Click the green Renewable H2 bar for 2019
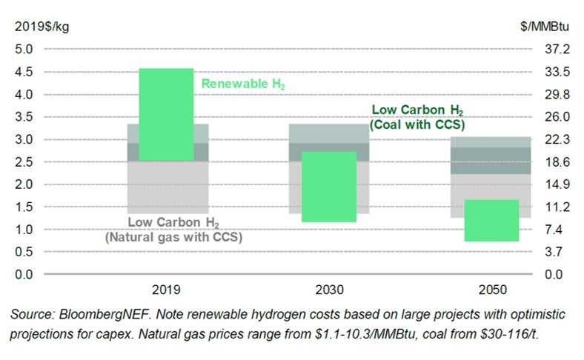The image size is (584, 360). coord(166,114)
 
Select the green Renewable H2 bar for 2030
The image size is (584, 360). coord(328,187)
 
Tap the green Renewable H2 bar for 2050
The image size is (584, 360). coord(491,220)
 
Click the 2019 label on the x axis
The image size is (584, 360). coord(166,290)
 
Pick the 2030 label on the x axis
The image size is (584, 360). coord(328,290)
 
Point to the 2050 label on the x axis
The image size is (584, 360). coord(491,290)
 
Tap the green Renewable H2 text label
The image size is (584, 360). coord(243,84)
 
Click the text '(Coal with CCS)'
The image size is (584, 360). coord(418,124)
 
